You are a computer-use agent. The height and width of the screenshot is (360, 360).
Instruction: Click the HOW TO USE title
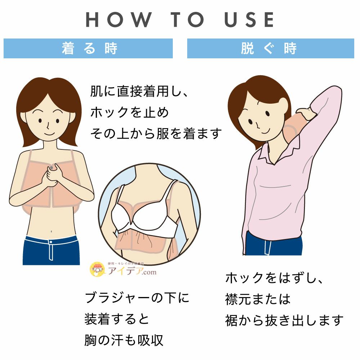(180, 20)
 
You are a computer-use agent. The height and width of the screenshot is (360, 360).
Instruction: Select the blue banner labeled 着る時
(88, 48)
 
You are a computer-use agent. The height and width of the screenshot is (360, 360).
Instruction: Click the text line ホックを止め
(130, 113)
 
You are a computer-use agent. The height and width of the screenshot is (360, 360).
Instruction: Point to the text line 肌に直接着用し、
(139, 91)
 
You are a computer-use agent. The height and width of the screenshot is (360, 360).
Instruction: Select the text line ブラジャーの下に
(137, 298)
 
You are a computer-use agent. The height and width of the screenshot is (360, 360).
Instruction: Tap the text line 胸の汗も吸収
(124, 340)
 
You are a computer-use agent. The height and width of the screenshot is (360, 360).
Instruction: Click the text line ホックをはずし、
(275, 278)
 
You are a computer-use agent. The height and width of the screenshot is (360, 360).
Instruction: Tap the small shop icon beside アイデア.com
(96, 269)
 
